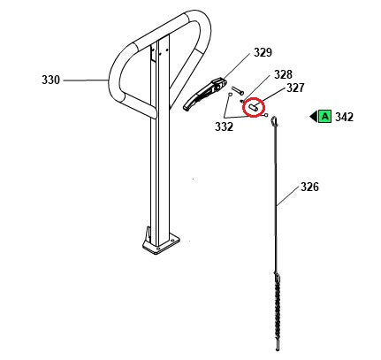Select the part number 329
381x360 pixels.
[x=262, y=54]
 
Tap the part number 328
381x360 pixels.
[x=282, y=74]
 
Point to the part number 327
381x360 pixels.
[x=293, y=88]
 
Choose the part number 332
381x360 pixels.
[x=223, y=126]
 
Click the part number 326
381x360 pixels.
[x=309, y=187]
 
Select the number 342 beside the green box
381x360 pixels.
[x=345, y=117]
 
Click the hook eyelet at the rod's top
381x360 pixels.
[x=274, y=122]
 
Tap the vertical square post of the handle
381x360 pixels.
[x=159, y=159]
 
